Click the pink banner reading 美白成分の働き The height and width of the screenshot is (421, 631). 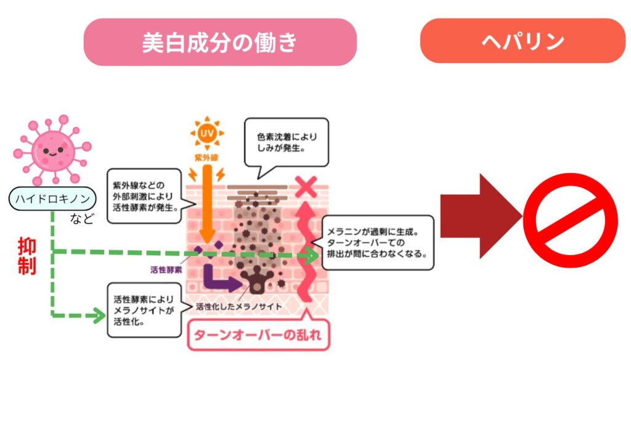pyautogui.click(x=220, y=42)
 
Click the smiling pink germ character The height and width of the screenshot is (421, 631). pyautogui.click(x=52, y=149)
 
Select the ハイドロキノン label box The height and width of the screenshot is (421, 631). pyautogui.click(x=53, y=198)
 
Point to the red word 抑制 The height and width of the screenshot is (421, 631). pyautogui.click(x=26, y=256)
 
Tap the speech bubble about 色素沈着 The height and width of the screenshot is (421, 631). pyautogui.click(x=285, y=142)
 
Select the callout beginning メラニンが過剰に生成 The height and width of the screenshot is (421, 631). pyautogui.click(x=377, y=242)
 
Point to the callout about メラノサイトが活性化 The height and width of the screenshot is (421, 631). pyautogui.click(x=144, y=309)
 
